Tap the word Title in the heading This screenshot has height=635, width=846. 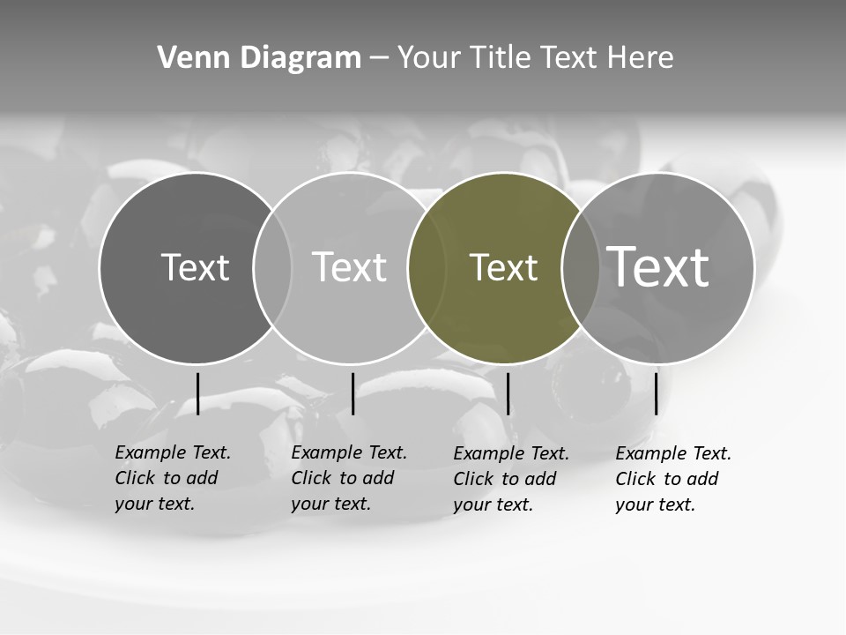pyautogui.click(x=501, y=58)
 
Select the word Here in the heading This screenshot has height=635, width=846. pyautogui.click(x=641, y=58)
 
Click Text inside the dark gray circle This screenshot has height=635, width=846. pyautogui.click(x=195, y=267)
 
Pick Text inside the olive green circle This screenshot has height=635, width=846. pyautogui.click(x=503, y=267)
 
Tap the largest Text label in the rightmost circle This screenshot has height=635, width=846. pyautogui.click(x=658, y=266)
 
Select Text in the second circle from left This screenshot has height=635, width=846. pyautogui.click(x=349, y=267)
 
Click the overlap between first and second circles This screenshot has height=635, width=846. pyautogui.click(x=272, y=268)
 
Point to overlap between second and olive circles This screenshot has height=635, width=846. pyautogui.click(x=427, y=268)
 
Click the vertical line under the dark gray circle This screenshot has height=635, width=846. pyautogui.click(x=197, y=393)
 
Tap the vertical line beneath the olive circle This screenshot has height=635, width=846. pyautogui.click(x=508, y=393)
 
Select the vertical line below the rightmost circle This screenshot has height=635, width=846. pyautogui.click(x=656, y=393)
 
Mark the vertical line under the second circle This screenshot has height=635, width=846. pyautogui.click(x=352, y=393)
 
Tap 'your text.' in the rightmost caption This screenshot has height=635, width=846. pyautogui.click(x=655, y=504)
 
